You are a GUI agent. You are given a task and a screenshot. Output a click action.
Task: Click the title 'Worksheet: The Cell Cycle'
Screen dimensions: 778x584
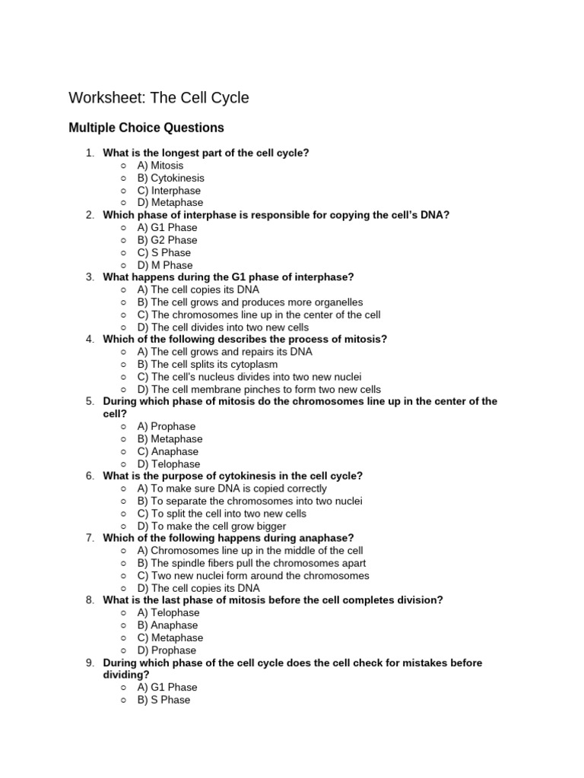click(x=158, y=98)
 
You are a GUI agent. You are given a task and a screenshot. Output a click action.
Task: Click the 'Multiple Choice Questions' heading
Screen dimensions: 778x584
click(x=146, y=128)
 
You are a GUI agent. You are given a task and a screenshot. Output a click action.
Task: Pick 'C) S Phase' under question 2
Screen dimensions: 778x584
click(x=163, y=252)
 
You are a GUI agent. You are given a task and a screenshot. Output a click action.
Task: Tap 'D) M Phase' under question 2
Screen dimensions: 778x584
click(x=164, y=265)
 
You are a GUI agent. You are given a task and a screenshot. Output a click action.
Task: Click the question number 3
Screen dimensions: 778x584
click(x=89, y=277)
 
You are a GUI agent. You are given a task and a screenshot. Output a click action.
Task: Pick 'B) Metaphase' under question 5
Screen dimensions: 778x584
click(x=170, y=438)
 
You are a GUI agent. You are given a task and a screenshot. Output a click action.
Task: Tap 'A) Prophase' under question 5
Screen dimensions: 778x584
click(x=166, y=426)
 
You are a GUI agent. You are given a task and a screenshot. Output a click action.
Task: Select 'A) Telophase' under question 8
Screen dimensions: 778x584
click(x=168, y=612)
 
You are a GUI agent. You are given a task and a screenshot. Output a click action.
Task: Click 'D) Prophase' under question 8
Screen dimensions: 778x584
click(x=167, y=650)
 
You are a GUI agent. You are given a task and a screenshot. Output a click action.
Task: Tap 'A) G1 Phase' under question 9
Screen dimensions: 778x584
click(x=167, y=687)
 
